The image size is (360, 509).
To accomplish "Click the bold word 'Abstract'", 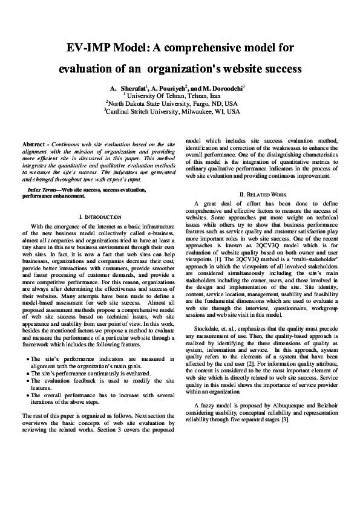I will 35,145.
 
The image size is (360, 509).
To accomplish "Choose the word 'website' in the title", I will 237,69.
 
